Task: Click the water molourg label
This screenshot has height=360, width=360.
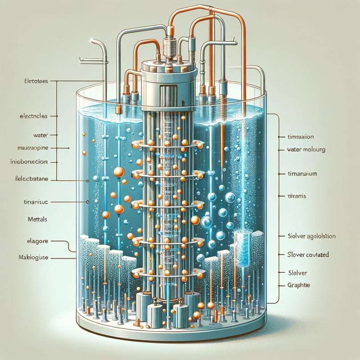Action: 306,149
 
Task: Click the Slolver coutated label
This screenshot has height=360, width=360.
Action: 308,255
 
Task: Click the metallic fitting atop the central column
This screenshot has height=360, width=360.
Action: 170,47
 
